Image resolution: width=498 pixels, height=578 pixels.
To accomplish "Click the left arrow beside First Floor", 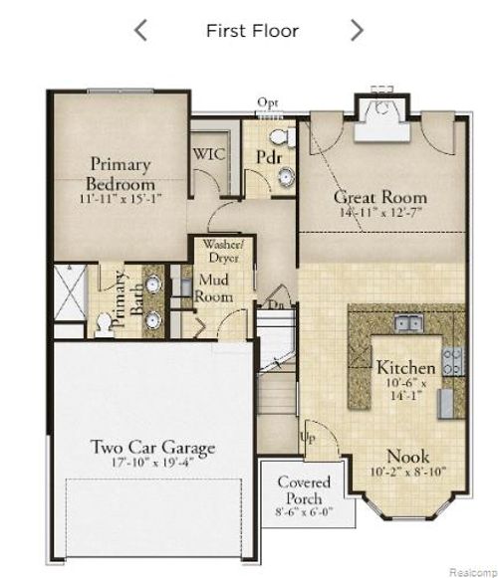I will click(140, 30).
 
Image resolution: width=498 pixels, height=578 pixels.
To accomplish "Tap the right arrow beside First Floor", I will click(357, 30).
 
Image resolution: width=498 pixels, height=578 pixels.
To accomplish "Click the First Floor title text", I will click(252, 30).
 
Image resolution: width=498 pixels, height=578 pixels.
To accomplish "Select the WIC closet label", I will click(209, 154).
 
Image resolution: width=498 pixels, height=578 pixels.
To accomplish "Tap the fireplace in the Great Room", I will click(380, 111).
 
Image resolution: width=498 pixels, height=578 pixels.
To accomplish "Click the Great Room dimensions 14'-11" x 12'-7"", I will click(380, 213).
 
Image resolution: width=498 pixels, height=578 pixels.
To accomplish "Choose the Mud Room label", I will click(215, 289).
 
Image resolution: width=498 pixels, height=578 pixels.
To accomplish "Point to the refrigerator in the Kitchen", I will click(445, 399).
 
